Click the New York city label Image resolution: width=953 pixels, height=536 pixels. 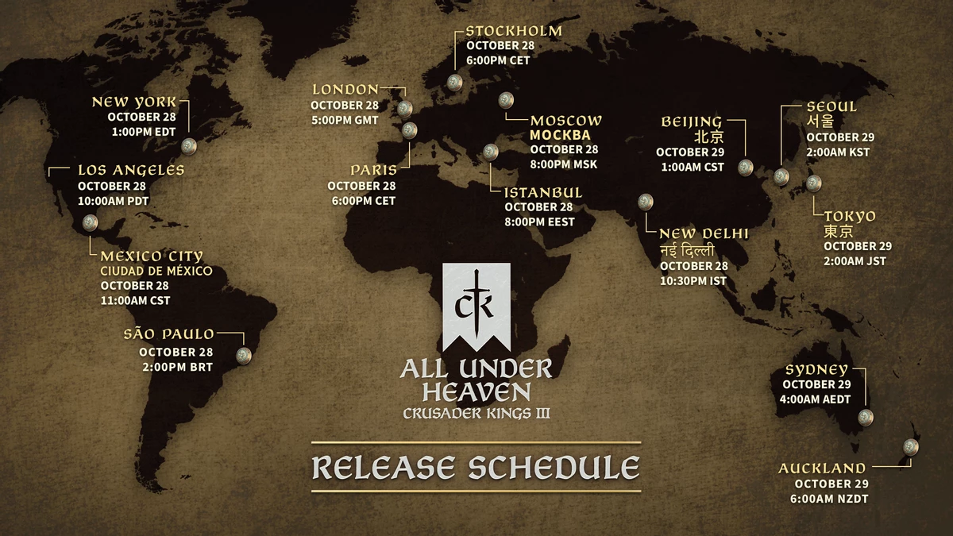tap(134, 102)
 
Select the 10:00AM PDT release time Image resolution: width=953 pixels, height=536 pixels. tap(113, 200)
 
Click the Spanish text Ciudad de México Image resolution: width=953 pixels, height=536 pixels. tap(156, 271)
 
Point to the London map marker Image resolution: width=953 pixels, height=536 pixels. tap(405, 108)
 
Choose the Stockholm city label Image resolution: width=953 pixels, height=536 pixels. tap(513, 31)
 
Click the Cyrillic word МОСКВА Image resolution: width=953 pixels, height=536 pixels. tap(560, 135)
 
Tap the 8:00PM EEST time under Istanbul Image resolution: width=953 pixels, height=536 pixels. tap(539, 222)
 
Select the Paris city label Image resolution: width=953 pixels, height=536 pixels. tap(373, 170)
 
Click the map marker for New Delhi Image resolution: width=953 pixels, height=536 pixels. tap(646, 202)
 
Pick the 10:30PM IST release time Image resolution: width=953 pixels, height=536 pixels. tap(693, 280)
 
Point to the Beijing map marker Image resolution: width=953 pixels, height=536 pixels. tap(746, 167)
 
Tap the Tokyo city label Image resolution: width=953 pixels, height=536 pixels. tap(850, 216)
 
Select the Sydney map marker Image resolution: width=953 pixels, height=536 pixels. tap(866, 417)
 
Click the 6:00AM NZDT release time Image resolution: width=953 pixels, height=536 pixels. tap(831, 498)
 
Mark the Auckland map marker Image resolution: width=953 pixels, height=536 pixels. tap(911, 446)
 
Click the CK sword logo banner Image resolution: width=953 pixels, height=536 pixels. tap(476, 306)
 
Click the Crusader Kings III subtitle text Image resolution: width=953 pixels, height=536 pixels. tap(476, 413)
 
